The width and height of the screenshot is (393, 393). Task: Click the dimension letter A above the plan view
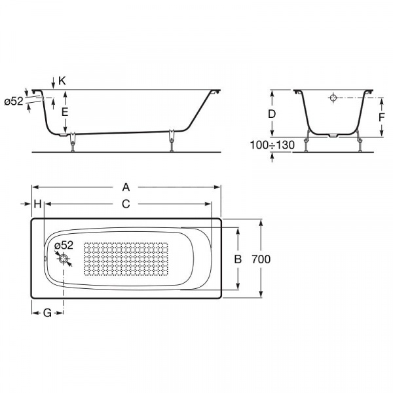(126, 187)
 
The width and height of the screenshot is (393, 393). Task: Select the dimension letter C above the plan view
(126, 204)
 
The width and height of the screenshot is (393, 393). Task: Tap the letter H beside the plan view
(37, 204)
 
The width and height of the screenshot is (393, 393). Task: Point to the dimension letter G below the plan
(47, 313)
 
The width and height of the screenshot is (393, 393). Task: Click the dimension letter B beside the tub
(238, 259)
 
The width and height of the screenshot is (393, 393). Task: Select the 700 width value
(261, 259)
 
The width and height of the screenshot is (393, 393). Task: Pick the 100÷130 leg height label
(272, 145)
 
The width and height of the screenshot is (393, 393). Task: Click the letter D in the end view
(272, 114)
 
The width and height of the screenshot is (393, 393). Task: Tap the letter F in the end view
(381, 117)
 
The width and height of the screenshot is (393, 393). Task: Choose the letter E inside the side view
(65, 112)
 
